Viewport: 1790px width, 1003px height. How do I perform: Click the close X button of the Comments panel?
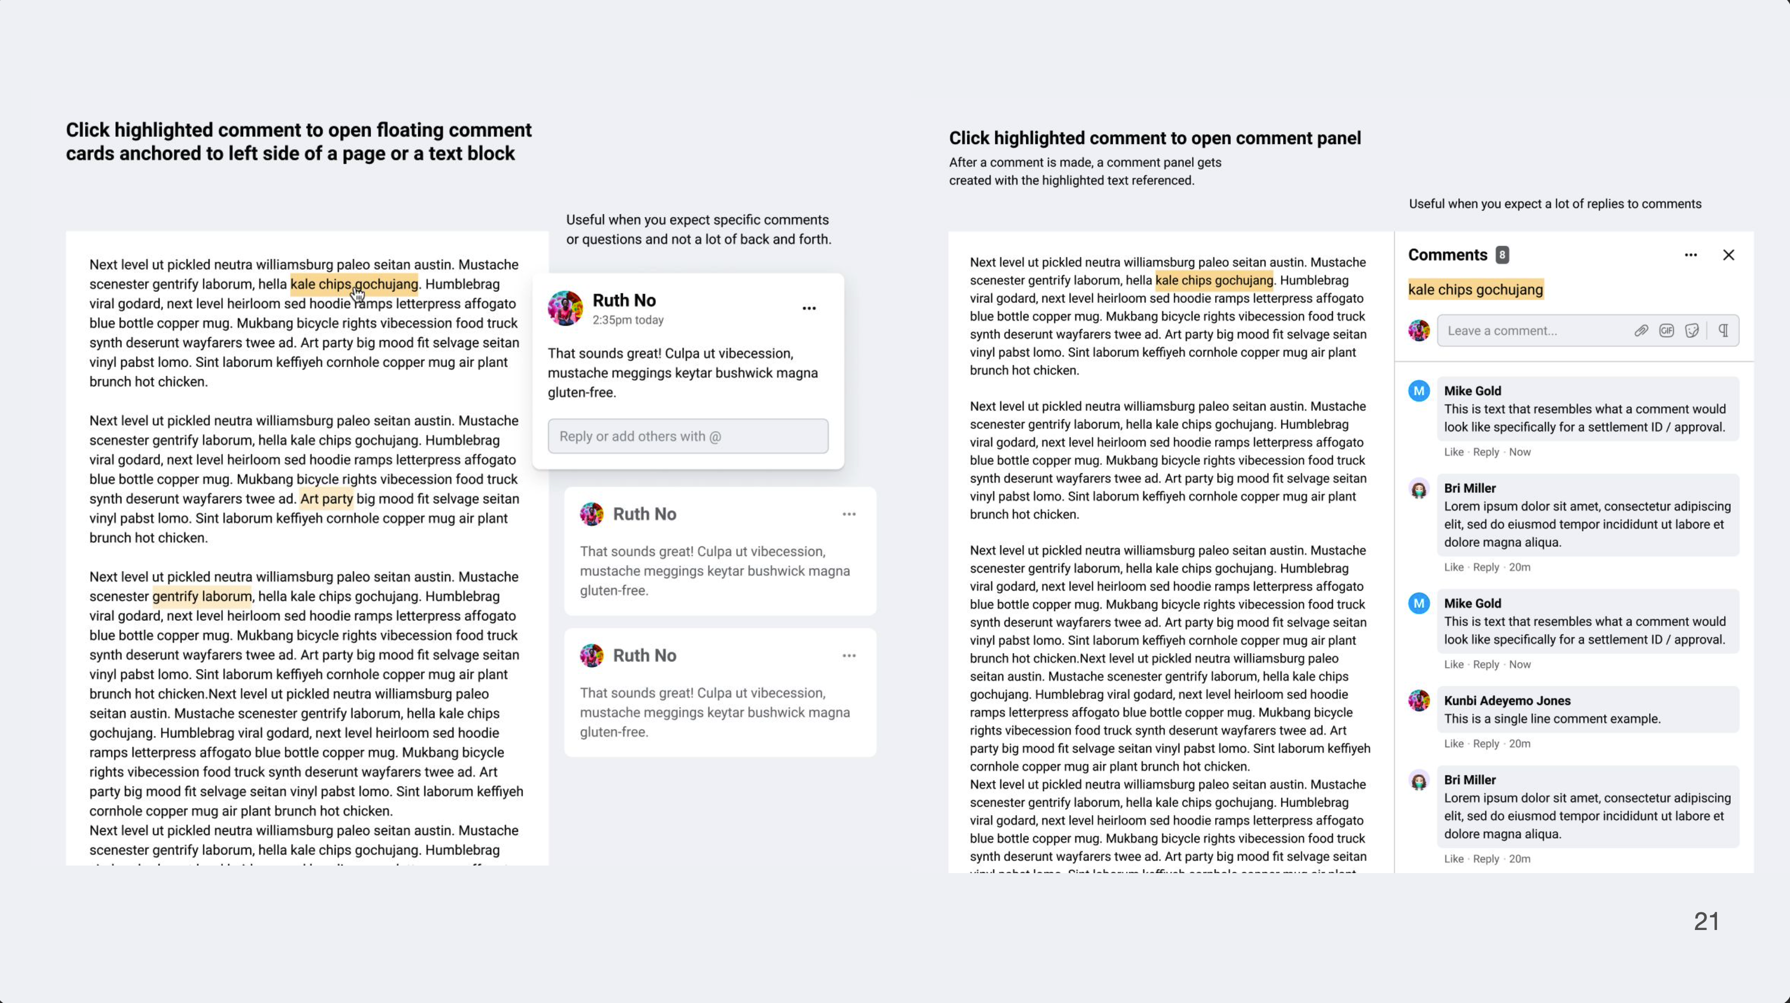(x=1728, y=255)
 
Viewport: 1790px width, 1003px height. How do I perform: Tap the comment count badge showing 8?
(x=1502, y=255)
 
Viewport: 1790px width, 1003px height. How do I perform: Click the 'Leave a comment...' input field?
(x=1529, y=331)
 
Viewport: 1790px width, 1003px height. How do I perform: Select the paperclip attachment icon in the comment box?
(x=1640, y=331)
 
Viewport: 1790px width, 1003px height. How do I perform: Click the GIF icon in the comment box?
(x=1666, y=331)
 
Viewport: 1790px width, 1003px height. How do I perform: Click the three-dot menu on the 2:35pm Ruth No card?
(x=809, y=309)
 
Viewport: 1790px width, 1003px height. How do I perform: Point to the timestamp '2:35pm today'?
(x=628, y=320)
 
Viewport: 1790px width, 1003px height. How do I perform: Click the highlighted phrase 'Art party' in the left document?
(x=327, y=499)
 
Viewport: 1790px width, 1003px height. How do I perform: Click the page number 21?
(x=1706, y=921)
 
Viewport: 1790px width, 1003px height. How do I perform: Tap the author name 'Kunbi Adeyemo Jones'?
(x=1507, y=701)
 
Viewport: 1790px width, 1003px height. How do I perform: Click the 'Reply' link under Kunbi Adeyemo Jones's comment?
(x=1485, y=744)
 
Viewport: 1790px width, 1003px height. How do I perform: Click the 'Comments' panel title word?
(x=1447, y=255)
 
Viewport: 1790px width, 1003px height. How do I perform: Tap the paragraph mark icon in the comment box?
(x=1723, y=331)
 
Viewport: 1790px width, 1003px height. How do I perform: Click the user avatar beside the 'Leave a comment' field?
(x=1418, y=331)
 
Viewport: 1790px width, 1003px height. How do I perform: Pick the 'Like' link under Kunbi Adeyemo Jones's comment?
(x=1453, y=744)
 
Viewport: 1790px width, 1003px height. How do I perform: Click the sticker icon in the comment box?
(x=1692, y=331)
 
